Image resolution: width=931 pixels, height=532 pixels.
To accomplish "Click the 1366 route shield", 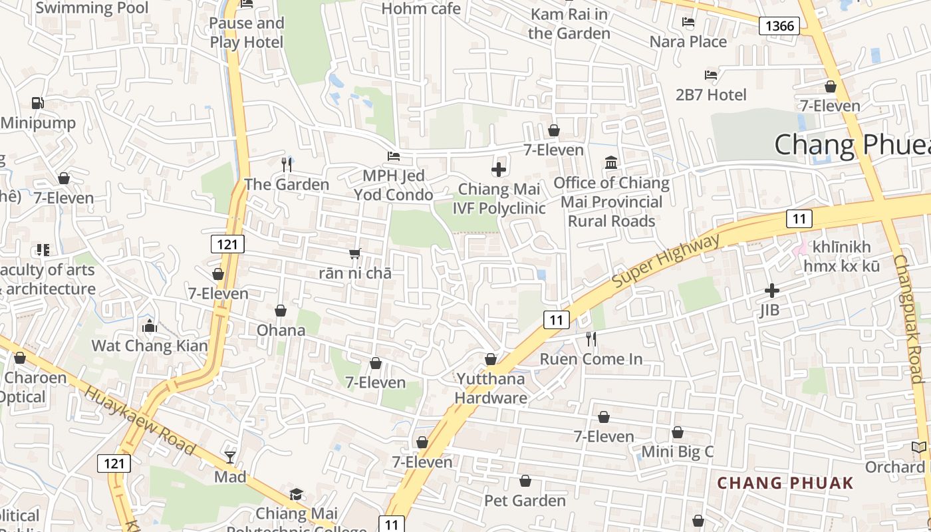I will (779, 26).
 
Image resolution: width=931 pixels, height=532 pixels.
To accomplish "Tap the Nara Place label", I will (688, 42).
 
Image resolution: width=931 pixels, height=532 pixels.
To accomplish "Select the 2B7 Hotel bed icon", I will (711, 75).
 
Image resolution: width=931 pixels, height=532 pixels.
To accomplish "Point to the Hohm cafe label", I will (421, 9).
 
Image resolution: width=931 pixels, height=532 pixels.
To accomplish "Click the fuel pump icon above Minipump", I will (38, 103).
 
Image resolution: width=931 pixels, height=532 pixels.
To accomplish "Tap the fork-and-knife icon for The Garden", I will (287, 164).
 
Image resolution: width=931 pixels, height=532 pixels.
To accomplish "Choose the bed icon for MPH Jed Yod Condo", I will (394, 156).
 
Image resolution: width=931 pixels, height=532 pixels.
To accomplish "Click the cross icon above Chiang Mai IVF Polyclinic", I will (499, 170).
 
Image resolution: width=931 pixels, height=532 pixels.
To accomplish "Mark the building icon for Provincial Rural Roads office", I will (611, 163).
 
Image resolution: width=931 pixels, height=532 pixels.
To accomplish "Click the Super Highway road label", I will (666, 261).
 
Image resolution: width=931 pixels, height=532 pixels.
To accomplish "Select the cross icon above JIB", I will (771, 291).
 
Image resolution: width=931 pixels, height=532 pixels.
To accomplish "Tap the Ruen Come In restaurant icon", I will (591, 339).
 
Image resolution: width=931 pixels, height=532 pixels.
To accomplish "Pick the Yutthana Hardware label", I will (491, 388).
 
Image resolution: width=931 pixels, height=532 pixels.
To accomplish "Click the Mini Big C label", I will (677, 452).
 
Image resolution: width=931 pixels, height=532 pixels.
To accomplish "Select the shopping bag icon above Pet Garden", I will (525, 481).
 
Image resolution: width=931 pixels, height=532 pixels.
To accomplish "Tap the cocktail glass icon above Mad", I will (230, 457).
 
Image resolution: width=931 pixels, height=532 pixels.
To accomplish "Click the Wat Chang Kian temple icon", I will (150, 326).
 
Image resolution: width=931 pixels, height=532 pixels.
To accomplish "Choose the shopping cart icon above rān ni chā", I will (355, 253).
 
